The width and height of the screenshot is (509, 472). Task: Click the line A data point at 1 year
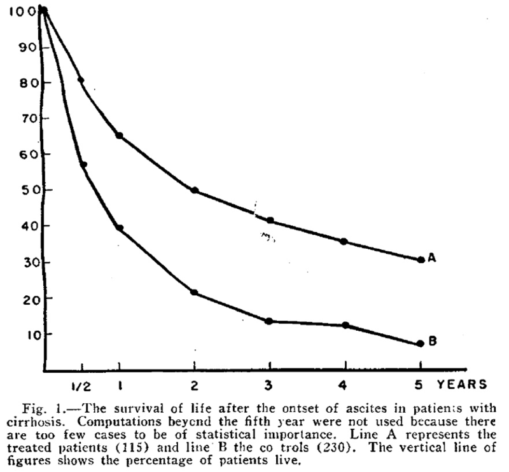pyautogui.click(x=120, y=135)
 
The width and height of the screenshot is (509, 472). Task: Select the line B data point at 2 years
pyautogui.click(x=194, y=293)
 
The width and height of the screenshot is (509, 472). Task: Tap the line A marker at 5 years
pyautogui.click(x=421, y=260)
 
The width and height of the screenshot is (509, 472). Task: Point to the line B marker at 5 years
pyautogui.click(x=421, y=344)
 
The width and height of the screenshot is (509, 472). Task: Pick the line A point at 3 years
pyautogui.click(x=270, y=221)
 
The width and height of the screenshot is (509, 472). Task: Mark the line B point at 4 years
pyautogui.click(x=345, y=325)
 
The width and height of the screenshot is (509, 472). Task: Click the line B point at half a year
pyautogui.click(x=83, y=165)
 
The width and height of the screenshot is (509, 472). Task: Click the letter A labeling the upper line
pyautogui.click(x=431, y=258)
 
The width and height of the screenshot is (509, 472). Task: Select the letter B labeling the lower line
pyautogui.click(x=432, y=342)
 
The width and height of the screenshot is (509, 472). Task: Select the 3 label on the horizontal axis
pyautogui.click(x=270, y=385)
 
